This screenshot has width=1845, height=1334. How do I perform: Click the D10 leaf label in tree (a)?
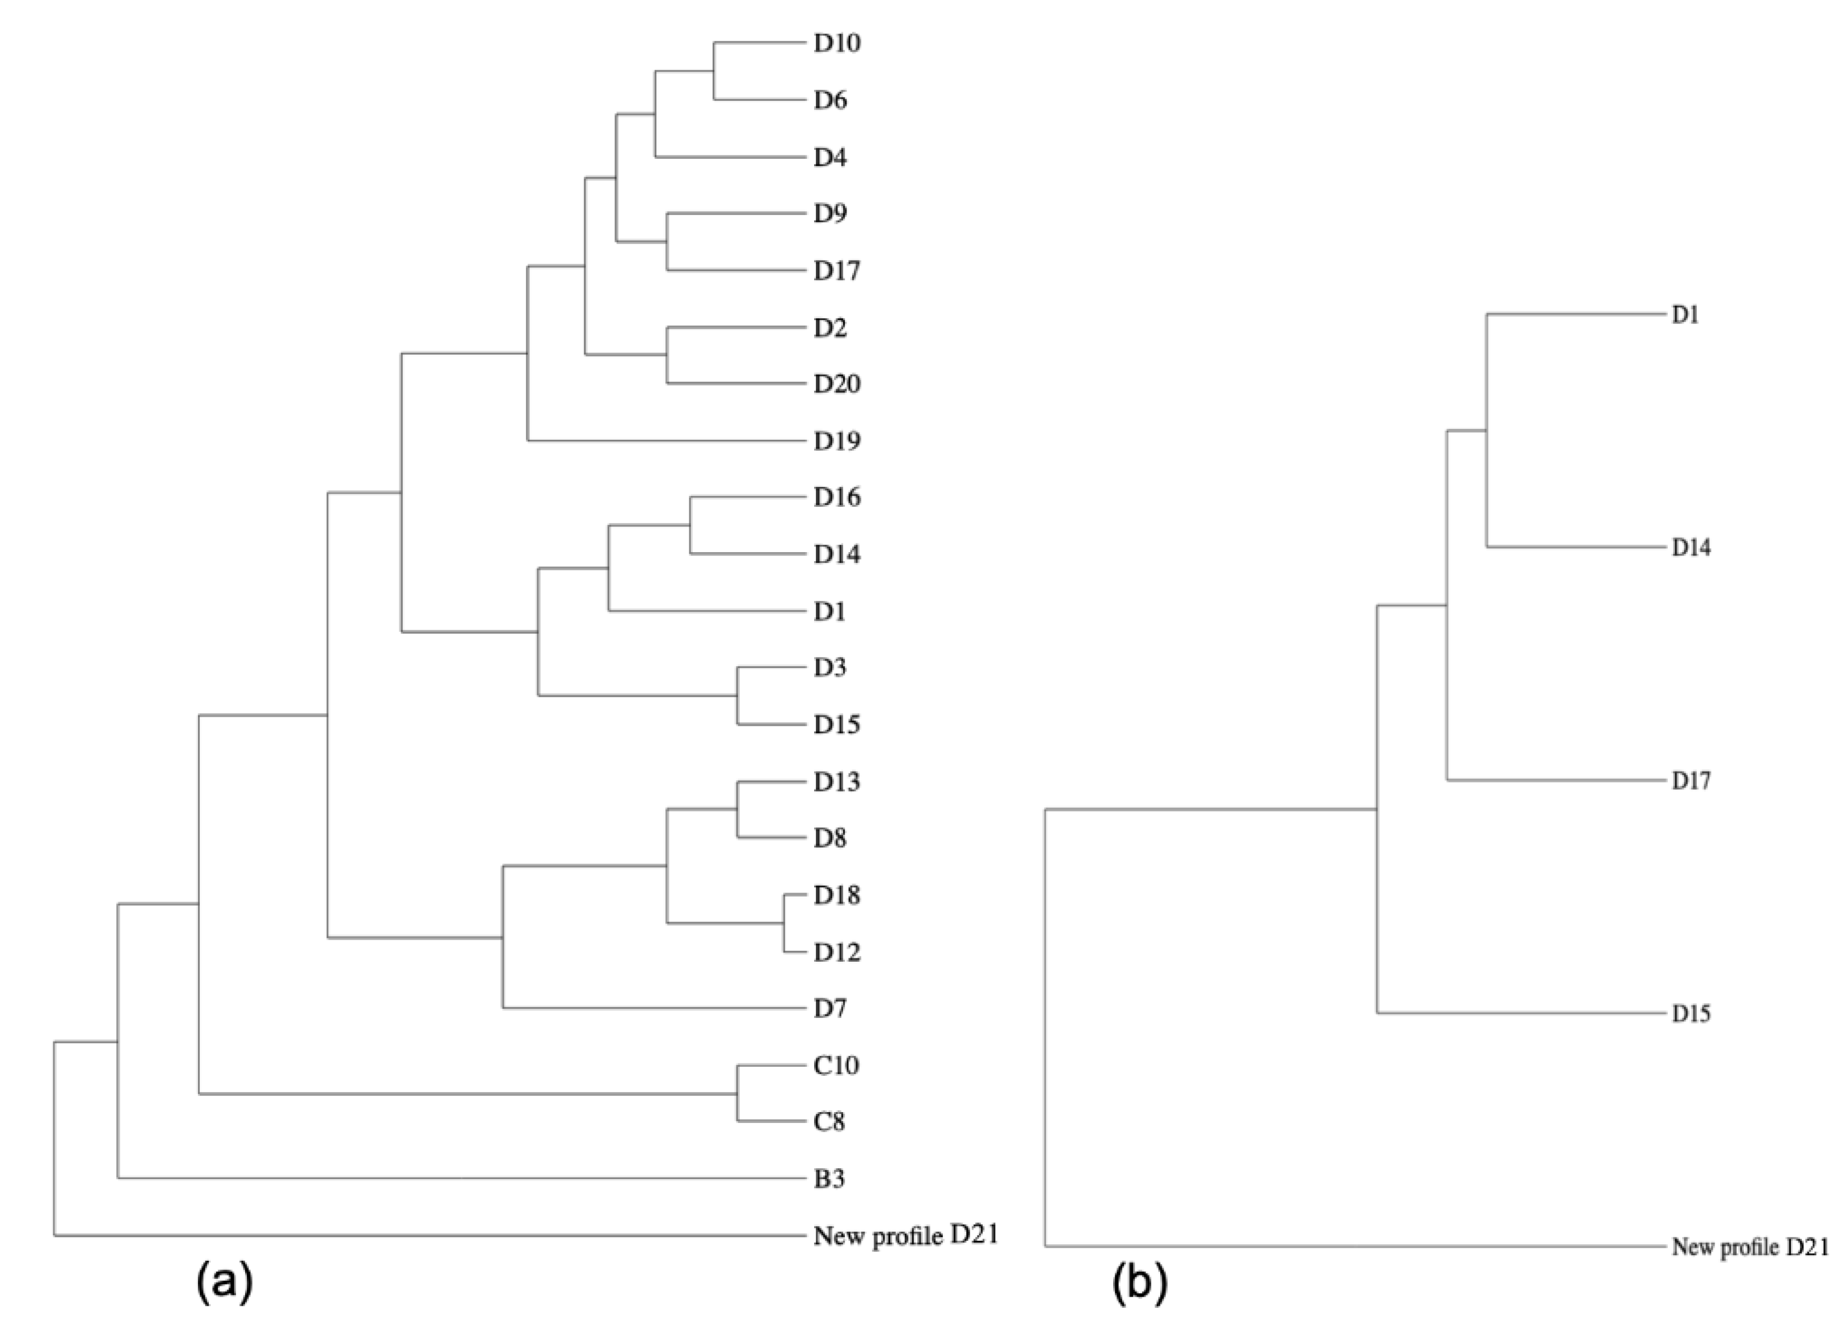pos(836,43)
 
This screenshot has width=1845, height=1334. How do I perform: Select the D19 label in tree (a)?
pos(836,441)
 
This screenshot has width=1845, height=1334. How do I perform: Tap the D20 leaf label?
pos(836,384)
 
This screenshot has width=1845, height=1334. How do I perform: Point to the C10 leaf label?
pos(836,1064)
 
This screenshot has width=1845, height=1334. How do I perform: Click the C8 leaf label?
pos(829,1122)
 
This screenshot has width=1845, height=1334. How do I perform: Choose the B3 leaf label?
pos(829,1179)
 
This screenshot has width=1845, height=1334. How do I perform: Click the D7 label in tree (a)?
pos(829,1009)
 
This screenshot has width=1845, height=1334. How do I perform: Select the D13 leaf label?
pos(836,782)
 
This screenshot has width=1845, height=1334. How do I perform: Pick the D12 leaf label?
pos(836,952)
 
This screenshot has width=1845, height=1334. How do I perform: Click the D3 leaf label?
pos(829,668)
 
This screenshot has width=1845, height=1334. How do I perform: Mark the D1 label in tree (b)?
pos(1685,315)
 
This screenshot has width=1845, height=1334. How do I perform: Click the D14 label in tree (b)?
pos(1691,548)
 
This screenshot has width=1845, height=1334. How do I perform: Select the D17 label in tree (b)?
pos(1691,781)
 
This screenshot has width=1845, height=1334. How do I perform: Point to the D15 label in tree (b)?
pos(1691,1013)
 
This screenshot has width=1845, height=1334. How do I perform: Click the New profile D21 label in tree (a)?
pos(904,1236)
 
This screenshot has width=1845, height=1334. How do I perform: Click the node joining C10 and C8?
pos(738,1094)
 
